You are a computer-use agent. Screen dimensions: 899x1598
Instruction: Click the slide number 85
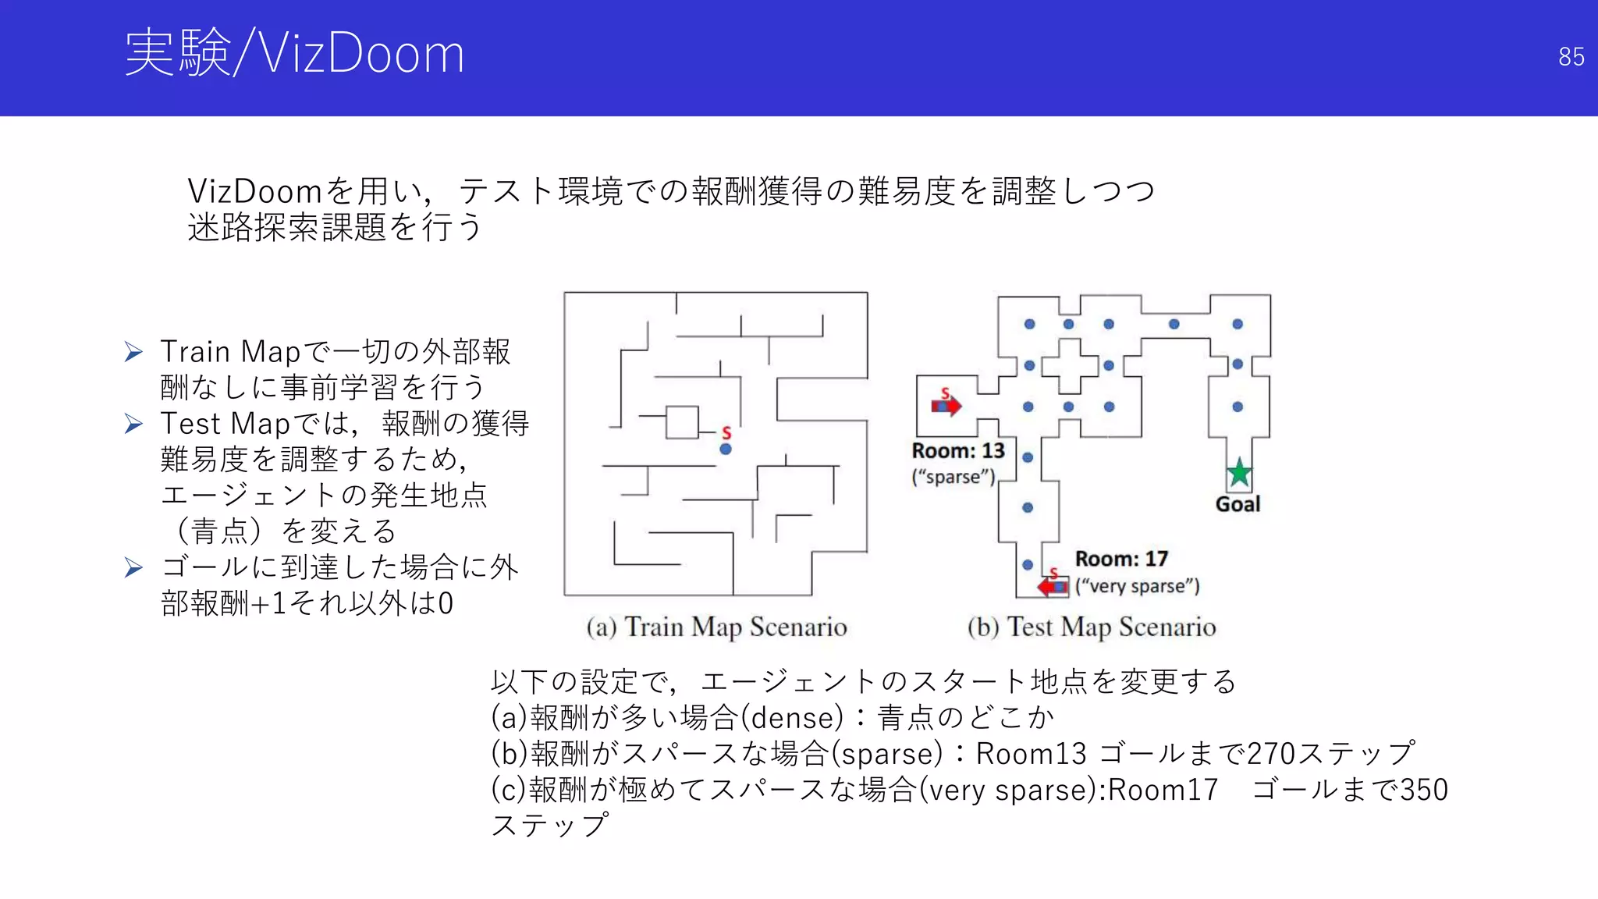[1571, 57]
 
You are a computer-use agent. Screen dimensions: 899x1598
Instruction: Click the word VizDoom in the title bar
[361, 54]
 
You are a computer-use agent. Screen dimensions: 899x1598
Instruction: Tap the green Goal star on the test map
[1239, 473]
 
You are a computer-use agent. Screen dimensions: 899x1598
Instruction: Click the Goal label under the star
[1238, 504]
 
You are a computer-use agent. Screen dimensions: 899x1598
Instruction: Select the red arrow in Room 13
[946, 406]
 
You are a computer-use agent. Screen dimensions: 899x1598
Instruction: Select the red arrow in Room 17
[1053, 586]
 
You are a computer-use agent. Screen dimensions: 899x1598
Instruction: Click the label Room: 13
[958, 451]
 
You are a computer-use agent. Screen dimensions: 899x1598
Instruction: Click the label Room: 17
[1121, 559]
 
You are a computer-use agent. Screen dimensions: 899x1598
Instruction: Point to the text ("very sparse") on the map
[1137, 586]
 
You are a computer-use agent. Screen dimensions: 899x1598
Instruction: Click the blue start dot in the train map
[726, 449]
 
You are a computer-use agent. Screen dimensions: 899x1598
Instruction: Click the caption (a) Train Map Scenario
[716, 627]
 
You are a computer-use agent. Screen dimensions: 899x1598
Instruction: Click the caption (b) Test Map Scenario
[1092, 627]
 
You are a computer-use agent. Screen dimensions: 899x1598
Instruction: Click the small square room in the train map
[682, 422]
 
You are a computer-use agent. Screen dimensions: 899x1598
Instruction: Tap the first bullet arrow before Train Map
[133, 352]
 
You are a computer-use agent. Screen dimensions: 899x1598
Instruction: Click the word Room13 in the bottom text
[1031, 754]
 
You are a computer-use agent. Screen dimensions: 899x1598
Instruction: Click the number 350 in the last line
[1424, 790]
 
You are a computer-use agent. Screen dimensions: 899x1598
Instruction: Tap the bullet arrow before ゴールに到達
[133, 567]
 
